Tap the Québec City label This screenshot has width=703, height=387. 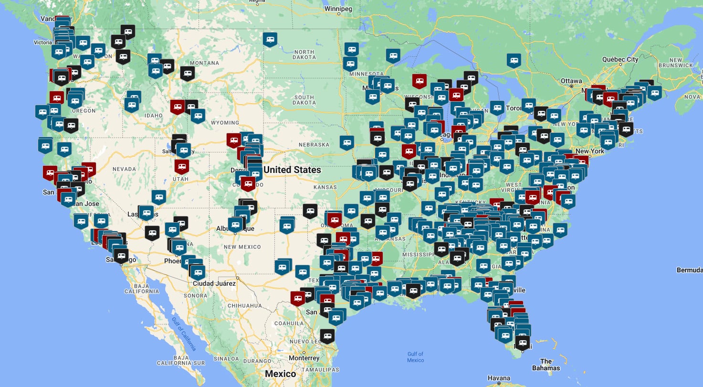point(620,60)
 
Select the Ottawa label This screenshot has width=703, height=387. point(571,81)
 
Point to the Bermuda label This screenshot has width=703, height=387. point(689,270)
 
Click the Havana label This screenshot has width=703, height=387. point(499,378)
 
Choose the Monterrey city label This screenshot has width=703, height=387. point(304,358)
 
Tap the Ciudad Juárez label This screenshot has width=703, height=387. point(214,283)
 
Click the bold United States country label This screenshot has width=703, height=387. point(292,170)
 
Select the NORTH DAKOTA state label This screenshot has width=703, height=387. point(304,54)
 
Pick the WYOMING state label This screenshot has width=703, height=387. point(225,123)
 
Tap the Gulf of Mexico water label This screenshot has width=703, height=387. point(415,357)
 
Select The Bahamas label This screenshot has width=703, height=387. point(546,365)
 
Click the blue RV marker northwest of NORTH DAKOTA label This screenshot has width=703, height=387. point(270,39)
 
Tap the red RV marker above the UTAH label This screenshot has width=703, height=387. point(181,166)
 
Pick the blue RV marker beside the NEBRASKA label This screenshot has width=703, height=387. point(347,142)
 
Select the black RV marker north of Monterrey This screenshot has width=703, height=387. point(327,336)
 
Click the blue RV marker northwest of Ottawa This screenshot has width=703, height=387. point(514,61)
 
